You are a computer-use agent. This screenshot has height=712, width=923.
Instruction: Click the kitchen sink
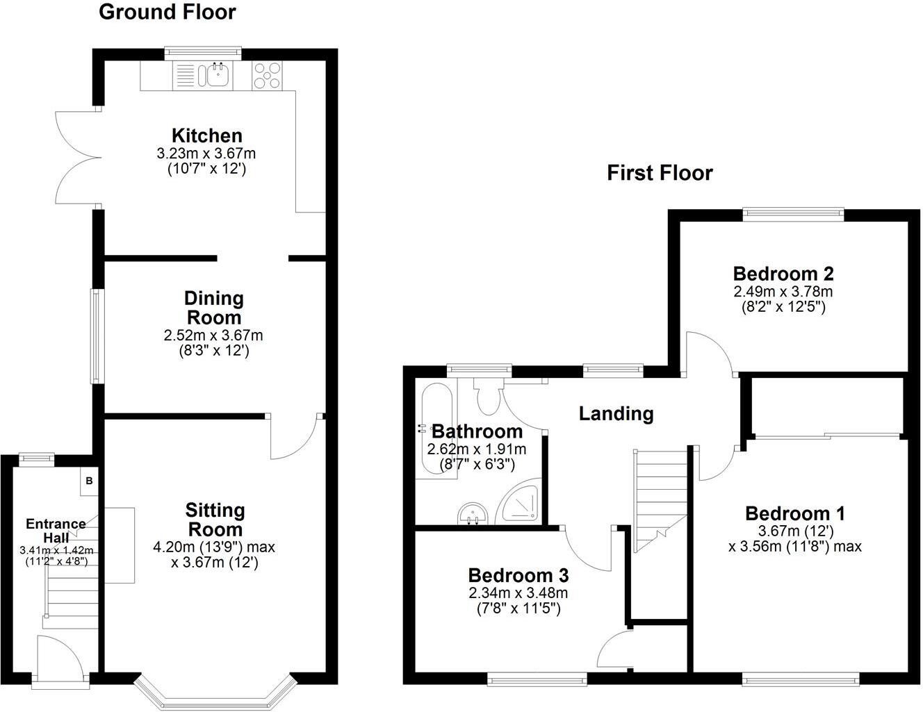[218, 75]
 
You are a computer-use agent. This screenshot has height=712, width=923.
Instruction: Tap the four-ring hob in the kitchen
[267, 75]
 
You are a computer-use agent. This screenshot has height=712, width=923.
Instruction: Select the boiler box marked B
[89, 481]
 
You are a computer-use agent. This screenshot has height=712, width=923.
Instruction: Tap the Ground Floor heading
[168, 13]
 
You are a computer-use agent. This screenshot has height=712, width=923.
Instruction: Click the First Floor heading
[660, 173]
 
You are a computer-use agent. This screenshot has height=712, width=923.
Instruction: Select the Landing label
[616, 414]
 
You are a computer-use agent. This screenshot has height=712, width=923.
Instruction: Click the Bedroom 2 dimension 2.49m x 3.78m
[783, 292]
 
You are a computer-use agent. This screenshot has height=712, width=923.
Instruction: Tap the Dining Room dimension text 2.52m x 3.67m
[213, 336]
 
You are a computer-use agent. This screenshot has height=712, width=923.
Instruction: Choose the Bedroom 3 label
[518, 575]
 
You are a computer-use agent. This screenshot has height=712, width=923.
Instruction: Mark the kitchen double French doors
[76, 158]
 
